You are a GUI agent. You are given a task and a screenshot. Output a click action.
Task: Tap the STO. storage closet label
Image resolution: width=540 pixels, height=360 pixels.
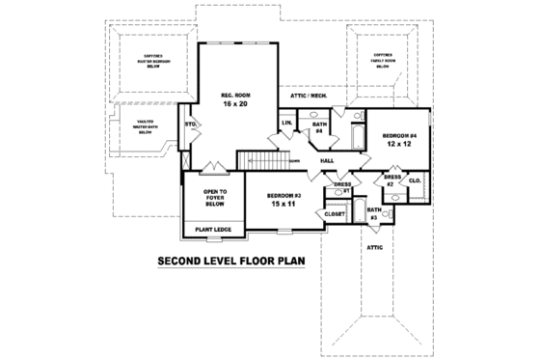(x=191, y=125)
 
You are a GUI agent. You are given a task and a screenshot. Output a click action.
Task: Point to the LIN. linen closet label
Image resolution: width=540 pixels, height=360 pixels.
(x=286, y=124)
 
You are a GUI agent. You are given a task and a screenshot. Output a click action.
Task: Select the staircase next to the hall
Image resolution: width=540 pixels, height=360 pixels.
(x=260, y=157)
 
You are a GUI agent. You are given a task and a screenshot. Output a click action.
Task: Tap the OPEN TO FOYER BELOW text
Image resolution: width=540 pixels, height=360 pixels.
(x=214, y=198)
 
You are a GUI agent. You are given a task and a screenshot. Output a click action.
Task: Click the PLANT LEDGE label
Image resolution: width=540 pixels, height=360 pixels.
(x=212, y=230)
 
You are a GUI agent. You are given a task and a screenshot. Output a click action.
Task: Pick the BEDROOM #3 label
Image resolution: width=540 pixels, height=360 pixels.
(x=286, y=196)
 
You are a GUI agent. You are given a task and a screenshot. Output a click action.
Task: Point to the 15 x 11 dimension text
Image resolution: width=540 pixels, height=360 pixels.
(x=286, y=206)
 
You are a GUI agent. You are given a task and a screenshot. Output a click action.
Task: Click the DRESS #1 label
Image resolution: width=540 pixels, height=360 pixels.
(x=342, y=187)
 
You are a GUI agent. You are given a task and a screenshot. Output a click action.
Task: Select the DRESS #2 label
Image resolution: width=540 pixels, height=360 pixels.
(x=391, y=180)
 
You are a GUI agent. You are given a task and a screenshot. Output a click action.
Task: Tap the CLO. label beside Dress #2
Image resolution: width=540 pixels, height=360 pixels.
(x=416, y=180)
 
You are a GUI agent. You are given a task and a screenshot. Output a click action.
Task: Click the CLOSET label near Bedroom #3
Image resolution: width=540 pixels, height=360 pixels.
(x=335, y=213)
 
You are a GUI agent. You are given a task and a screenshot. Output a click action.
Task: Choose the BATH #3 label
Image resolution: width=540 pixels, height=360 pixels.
(x=373, y=213)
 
